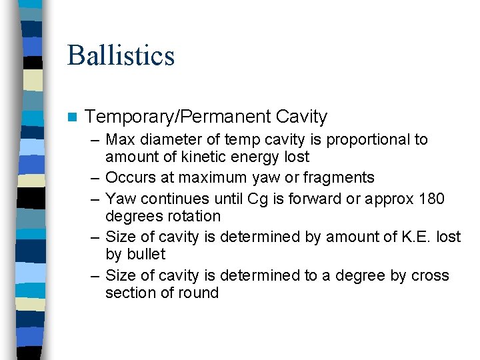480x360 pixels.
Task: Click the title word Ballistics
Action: pos(121,55)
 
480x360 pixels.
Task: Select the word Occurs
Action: pos(129,178)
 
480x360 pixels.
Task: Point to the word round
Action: pos(199,293)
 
